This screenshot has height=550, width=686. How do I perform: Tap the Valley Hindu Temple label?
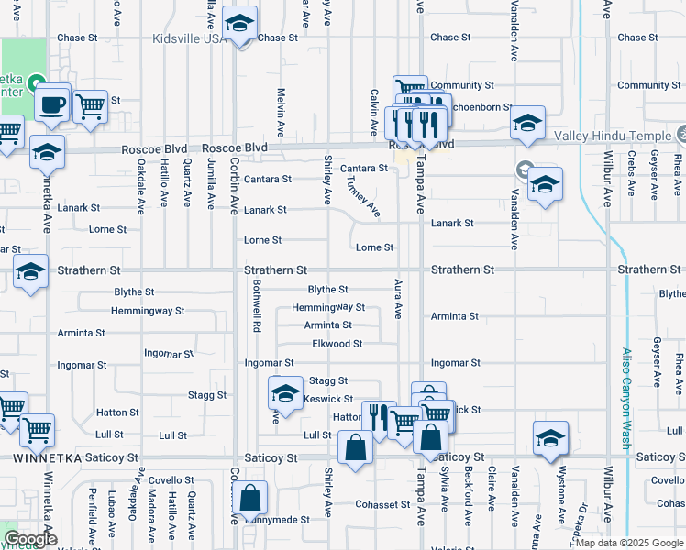tap(613, 137)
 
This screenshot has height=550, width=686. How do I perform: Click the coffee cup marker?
tap(53, 102)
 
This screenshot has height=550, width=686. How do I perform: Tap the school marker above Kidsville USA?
tap(240, 24)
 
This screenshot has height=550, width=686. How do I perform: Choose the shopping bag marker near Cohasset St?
tap(250, 499)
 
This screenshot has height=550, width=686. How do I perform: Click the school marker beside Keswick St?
tap(285, 393)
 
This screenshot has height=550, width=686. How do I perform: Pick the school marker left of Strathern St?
tap(30, 271)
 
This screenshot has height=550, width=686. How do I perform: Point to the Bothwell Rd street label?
tap(258, 306)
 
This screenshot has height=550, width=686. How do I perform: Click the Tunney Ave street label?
tap(363, 195)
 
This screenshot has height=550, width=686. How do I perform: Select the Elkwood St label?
tap(337, 344)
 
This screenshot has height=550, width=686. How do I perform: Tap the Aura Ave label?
tap(398, 299)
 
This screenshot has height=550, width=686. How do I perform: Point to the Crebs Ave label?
tap(632, 180)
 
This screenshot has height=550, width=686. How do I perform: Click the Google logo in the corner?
tap(29, 539)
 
